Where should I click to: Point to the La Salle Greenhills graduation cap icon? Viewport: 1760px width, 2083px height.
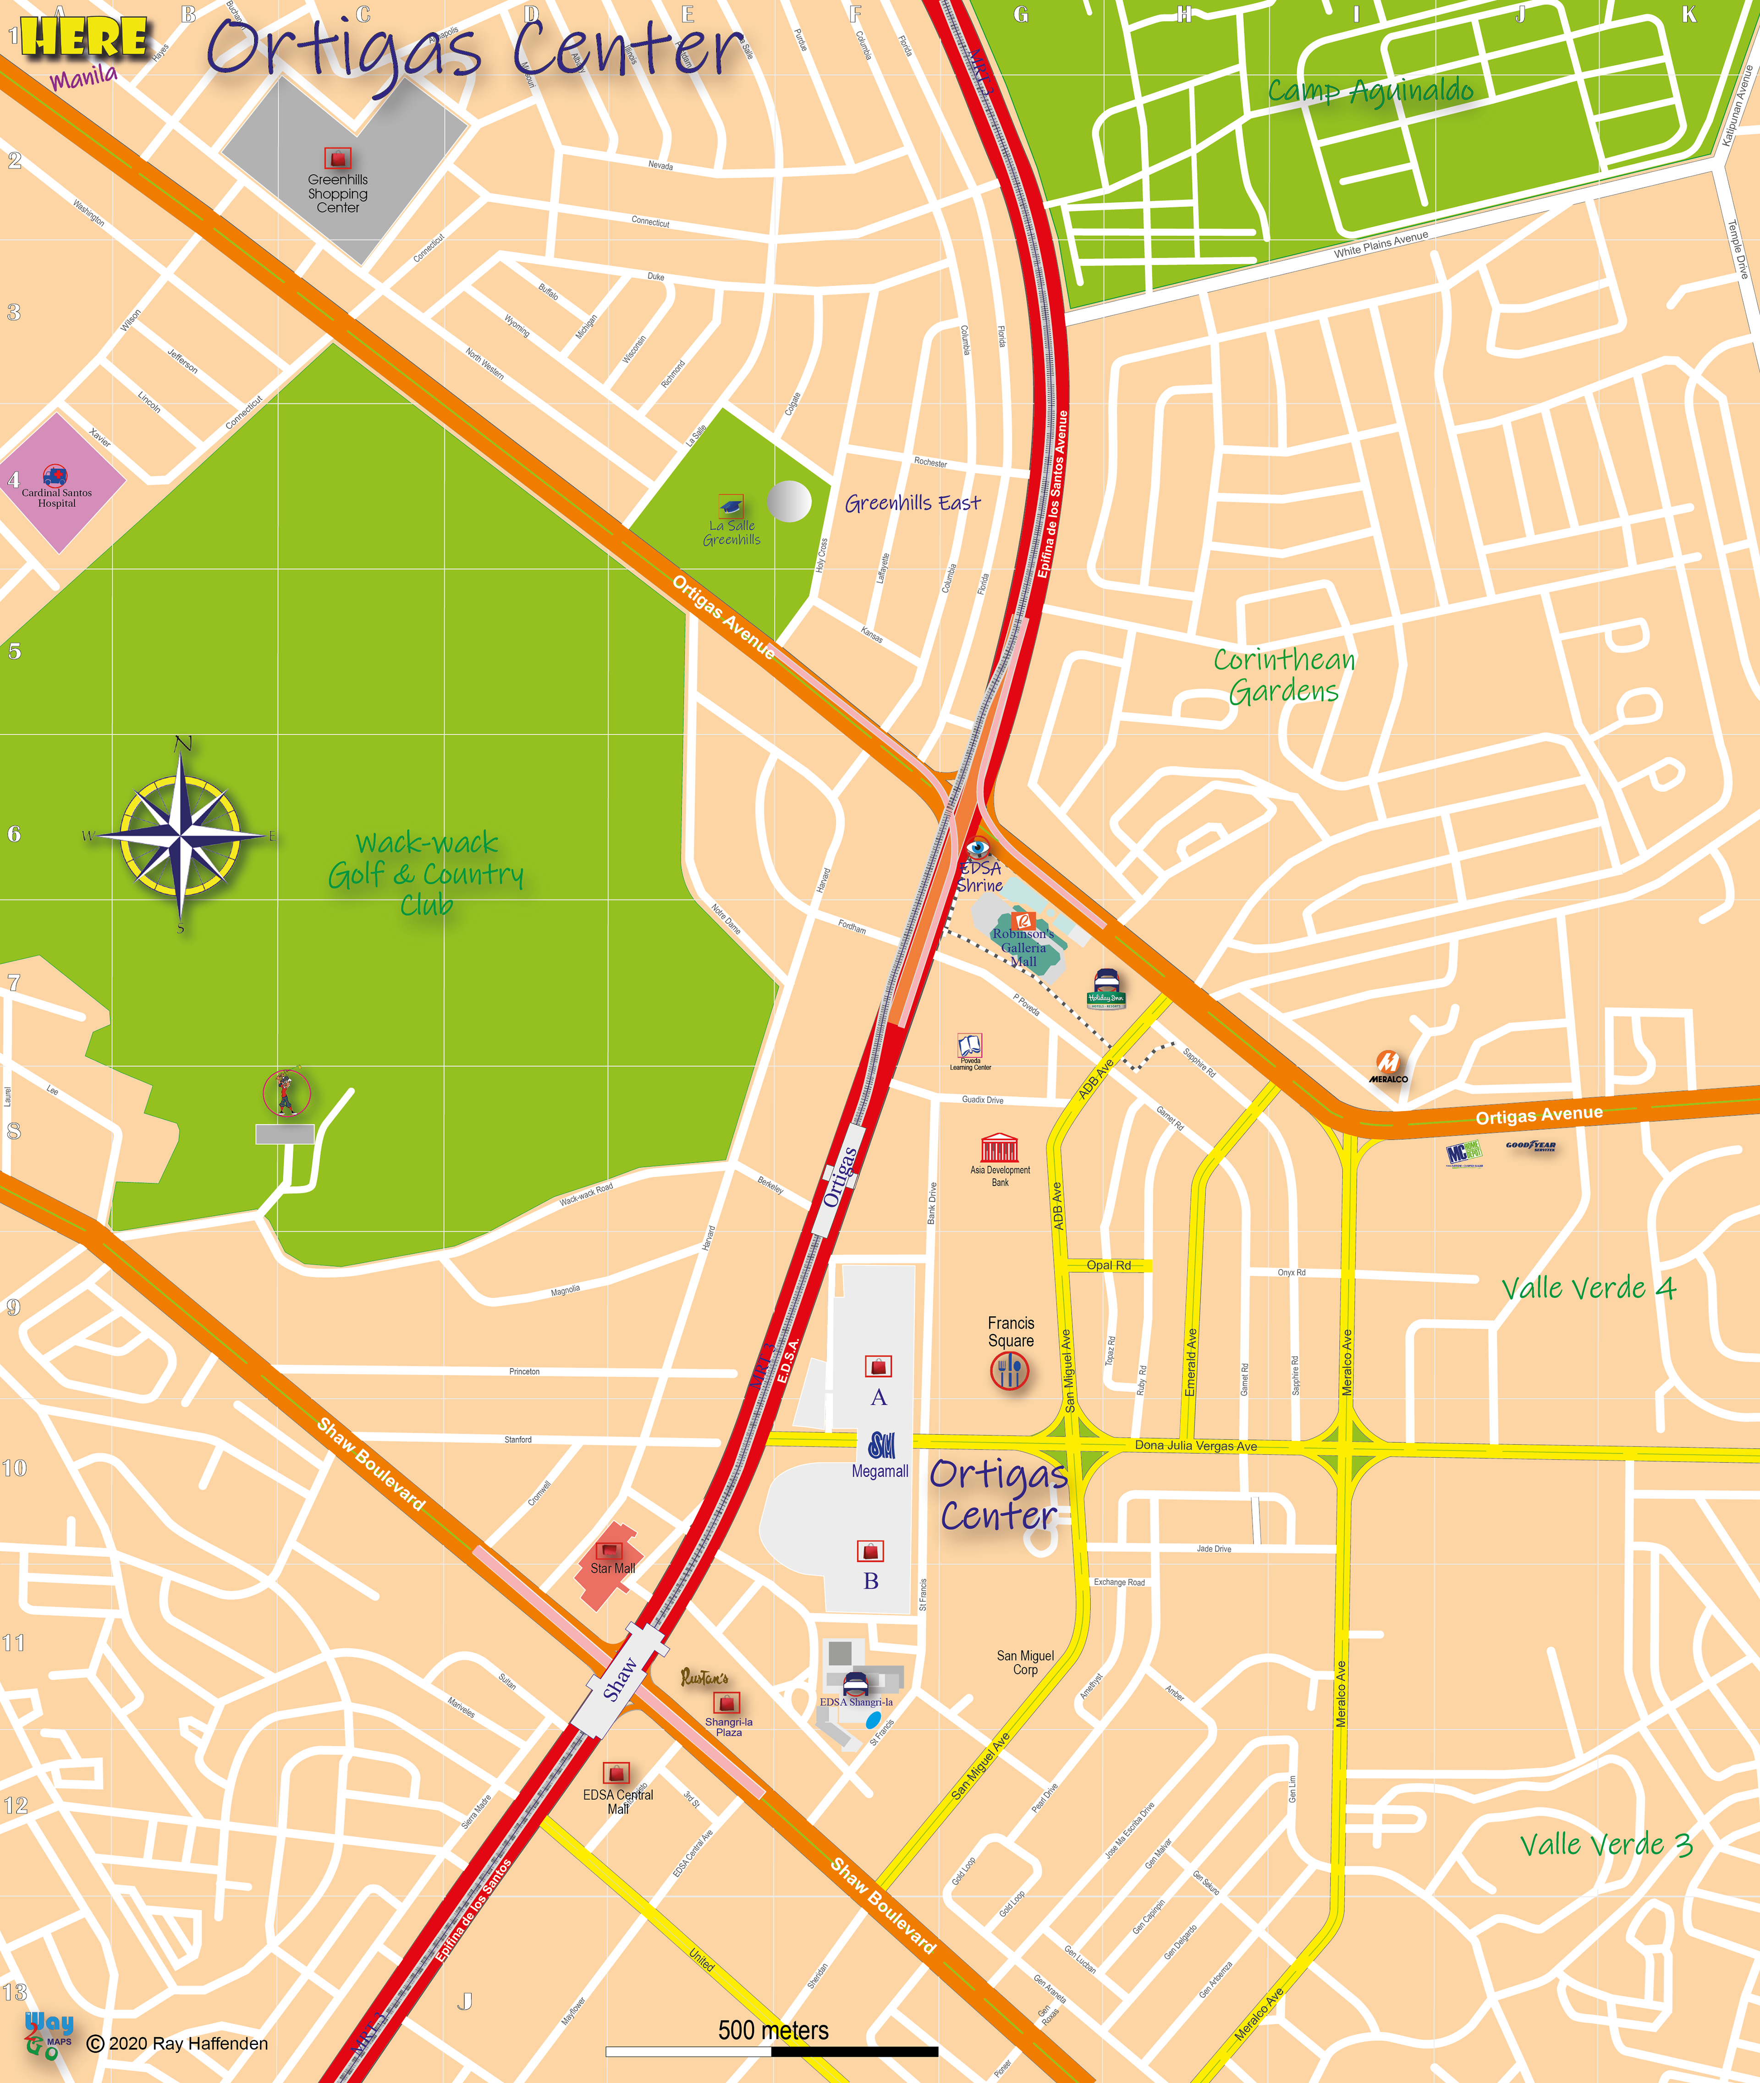point(731,506)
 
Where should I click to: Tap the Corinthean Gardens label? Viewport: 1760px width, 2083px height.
point(1284,676)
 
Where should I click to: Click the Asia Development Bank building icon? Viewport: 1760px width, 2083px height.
point(999,1147)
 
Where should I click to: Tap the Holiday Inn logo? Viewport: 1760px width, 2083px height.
point(1105,988)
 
